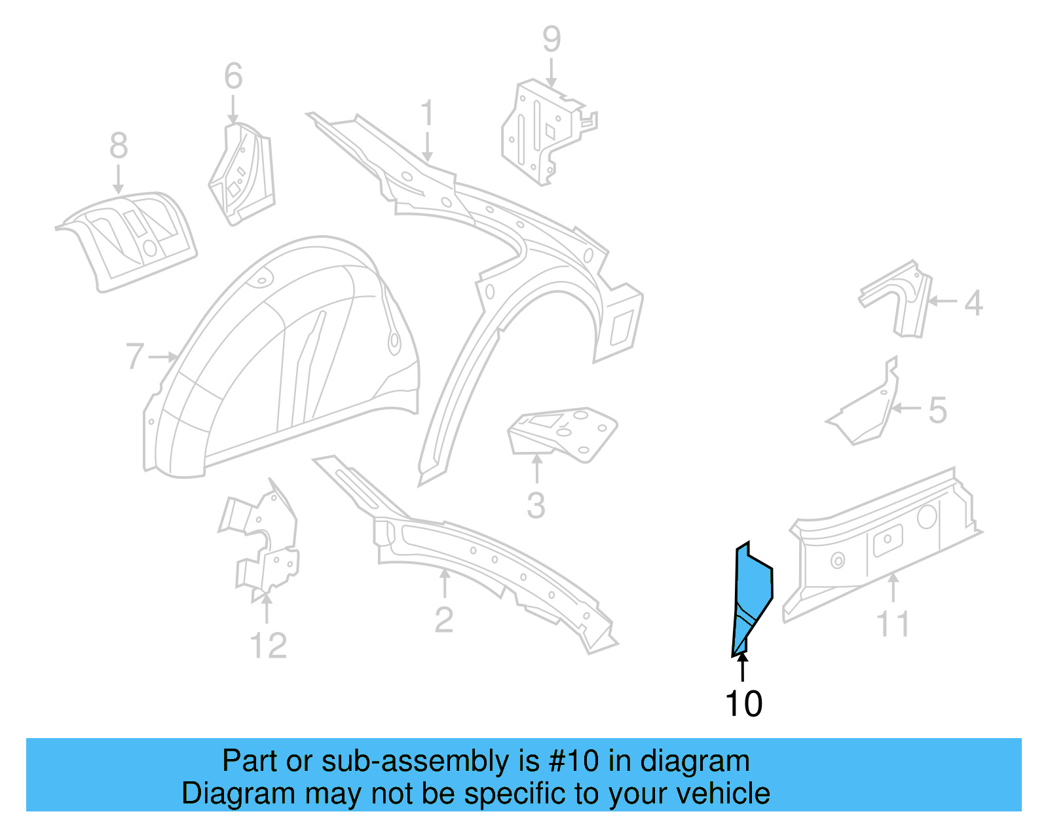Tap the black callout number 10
tap(743, 704)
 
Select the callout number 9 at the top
tap(552, 39)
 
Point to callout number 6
tap(233, 77)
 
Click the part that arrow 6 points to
tap(241, 174)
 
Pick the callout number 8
tap(118, 145)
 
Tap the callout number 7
tap(134, 357)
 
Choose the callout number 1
tap(427, 113)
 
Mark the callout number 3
tap(536, 506)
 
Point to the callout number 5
tap(938, 411)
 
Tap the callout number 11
tap(893, 624)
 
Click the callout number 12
tap(268, 646)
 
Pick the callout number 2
tap(443, 620)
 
